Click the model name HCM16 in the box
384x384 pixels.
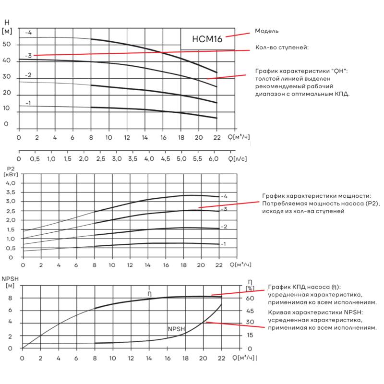(x=207, y=39)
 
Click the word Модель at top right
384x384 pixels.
(x=267, y=31)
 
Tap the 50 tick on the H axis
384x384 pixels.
(x=7, y=44)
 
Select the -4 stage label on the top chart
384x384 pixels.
(x=28, y=32)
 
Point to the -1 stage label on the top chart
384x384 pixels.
(x=28, y=103)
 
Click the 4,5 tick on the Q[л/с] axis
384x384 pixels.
(x=165, y=159)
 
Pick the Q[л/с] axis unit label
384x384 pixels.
(x=237, y=159)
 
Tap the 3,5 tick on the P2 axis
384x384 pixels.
(x=11, y=192)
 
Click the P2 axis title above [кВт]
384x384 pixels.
(x=11, y=169)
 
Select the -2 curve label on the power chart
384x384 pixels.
(x=224, y=227)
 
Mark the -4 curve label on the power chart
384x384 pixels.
(x=224, y=196)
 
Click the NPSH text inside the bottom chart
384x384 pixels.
(x=176, y=329)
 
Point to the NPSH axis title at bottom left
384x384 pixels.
(x=10, y=279)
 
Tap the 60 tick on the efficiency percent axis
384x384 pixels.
(x=250, y=298)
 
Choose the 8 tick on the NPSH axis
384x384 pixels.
(x=10, y=298)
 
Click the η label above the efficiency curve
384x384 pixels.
(x=150, y=294)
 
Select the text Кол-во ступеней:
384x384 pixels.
(x=282, y=47)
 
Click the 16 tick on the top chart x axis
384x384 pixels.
(x=163, y=137)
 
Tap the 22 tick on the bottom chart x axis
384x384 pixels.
(x=221, y=358)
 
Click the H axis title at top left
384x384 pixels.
(x=7, y=23)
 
